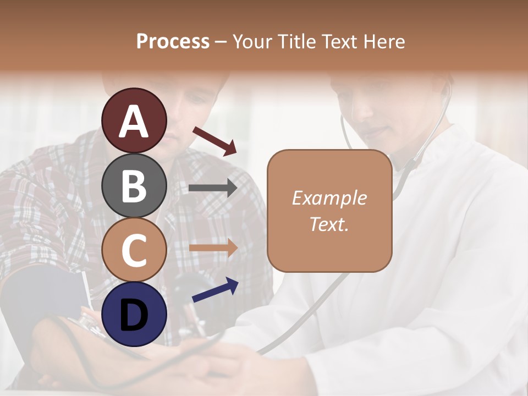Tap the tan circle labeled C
click(134, 249)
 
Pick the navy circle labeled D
click(134, 313)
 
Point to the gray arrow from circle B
click(213, 188)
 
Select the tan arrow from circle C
click(213, 248)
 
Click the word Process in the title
click(173, 42)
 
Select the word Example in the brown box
click(329, 198)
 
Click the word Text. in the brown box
click(329, 224)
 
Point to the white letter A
click(134, 121)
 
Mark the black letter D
click(134, 315)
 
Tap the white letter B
click(134, 185)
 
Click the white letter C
click(134, 250)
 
